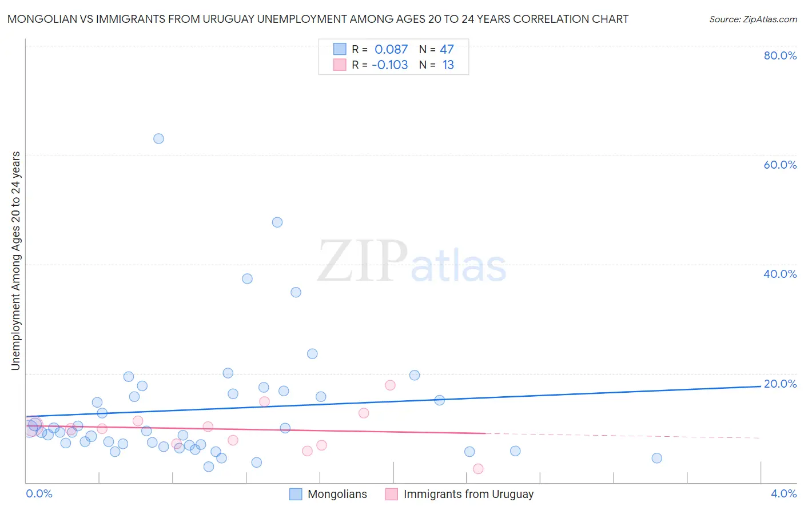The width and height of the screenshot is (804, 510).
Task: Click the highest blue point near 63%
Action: coord(158,138)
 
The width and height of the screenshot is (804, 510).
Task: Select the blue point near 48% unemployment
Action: coord(277,222)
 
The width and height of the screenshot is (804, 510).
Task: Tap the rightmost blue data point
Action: coord(656,458)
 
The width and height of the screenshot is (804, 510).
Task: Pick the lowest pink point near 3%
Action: coord(478,469)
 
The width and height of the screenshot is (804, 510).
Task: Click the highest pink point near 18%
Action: coord(390,385)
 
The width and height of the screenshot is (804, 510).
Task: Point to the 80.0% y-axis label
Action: coord(780,55)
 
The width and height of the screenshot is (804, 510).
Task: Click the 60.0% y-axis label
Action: coord(780,165)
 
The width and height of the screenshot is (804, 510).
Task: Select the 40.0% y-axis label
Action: coord(780,274)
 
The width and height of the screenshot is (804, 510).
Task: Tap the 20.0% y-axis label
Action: coord(780,384)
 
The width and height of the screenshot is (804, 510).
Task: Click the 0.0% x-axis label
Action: coord(39,493)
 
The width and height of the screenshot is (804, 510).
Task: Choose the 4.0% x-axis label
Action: coord(783,493)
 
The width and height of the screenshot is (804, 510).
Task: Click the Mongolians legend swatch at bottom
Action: coord(296,494)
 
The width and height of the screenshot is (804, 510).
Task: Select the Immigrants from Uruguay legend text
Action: coord(468,494)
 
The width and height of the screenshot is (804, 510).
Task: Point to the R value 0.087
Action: coord(391,50)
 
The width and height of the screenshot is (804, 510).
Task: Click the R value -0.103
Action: coord(389,65)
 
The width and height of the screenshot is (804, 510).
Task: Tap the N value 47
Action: coord(447,50)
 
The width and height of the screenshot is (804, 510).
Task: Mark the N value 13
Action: coord(448,65)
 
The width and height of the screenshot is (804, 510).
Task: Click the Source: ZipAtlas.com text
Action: coord(753,19)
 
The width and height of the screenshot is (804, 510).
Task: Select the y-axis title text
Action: coord(16,261)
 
